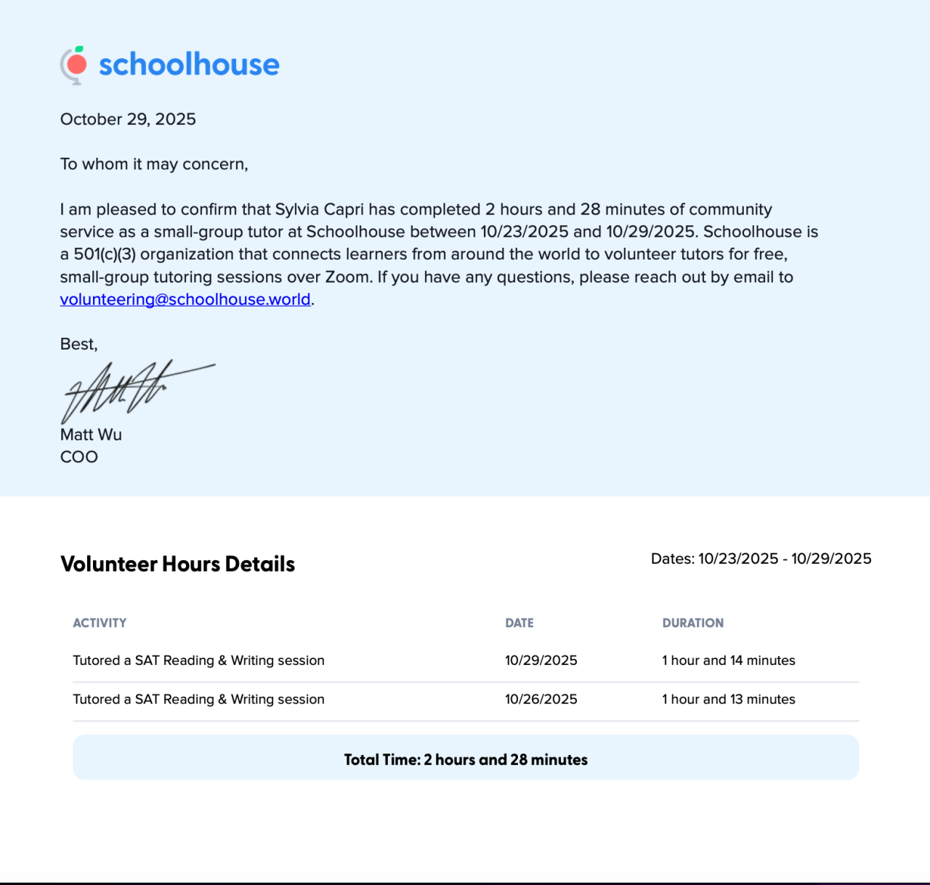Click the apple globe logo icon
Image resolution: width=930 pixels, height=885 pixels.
click(x=74, y=65)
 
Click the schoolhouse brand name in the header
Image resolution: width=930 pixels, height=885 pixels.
click(x=189, y=65)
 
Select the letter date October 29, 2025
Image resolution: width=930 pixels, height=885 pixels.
click(x=128, y=119)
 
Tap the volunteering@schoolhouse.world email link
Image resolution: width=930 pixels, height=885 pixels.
click(x=185, y=299)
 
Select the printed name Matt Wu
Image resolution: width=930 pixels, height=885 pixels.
click(x=91, y=435)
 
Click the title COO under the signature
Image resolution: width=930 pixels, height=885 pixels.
click(x=78, y=457)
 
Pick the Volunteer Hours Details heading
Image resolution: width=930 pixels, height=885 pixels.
click(x=177, y=564)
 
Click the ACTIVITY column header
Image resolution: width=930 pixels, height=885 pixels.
click(x=100, y=623)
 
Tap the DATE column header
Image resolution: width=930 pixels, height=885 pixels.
click(x=519, y=623)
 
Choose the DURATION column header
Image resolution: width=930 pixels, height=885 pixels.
click(x=693, y=623)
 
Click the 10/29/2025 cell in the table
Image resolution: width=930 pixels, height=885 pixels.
click(x=541, y=660)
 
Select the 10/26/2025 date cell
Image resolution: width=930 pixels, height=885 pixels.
click(x=541, y=699)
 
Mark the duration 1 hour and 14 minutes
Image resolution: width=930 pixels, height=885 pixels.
click(x=729, y=660)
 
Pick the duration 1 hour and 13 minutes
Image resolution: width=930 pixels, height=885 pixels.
click(x=729, y=699)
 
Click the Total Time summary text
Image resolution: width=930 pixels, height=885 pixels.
click(x=466, y=759)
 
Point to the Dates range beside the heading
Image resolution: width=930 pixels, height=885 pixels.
click(x=761, y=559)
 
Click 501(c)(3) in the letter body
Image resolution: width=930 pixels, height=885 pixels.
click(x=105, y=254)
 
